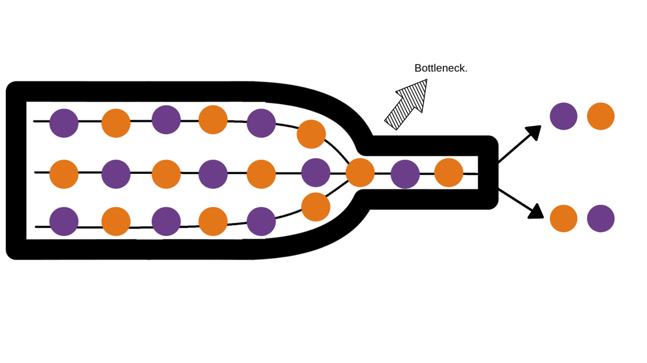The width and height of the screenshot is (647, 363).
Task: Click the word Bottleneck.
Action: click(x=441, y=68)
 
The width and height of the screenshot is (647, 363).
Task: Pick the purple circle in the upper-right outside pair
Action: click(x=563, y=116)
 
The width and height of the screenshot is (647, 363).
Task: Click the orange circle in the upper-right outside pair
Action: click(x=601, y=116)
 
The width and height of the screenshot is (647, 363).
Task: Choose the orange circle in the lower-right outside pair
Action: click(x=563, y=219)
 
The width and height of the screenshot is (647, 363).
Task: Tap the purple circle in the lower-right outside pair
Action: click(x=601, y=219)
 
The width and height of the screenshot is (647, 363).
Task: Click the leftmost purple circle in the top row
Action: click(x=64, y=123)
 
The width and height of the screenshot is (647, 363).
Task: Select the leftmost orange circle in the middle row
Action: click(x=64, y=174)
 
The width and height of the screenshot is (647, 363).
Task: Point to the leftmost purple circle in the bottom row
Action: click(x=64, y=221)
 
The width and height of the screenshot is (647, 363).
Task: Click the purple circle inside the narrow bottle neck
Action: click(x=405, y=174)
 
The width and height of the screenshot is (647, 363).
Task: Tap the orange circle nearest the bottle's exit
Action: click(x=449, y=173)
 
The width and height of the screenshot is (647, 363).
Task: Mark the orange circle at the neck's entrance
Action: click(x=360, y=173)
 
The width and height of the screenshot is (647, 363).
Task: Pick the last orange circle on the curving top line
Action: click(x=311, y=134)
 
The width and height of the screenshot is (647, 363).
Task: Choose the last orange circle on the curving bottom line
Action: click(x=316, y=207)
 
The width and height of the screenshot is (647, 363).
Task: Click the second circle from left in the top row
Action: click(x=116, y=123)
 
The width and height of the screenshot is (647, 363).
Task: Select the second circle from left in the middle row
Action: click(x=116, y=174)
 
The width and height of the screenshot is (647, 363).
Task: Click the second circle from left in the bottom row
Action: click(x=116, y=221)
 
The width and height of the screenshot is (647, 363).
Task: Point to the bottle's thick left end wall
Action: click(x=16, y=170)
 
